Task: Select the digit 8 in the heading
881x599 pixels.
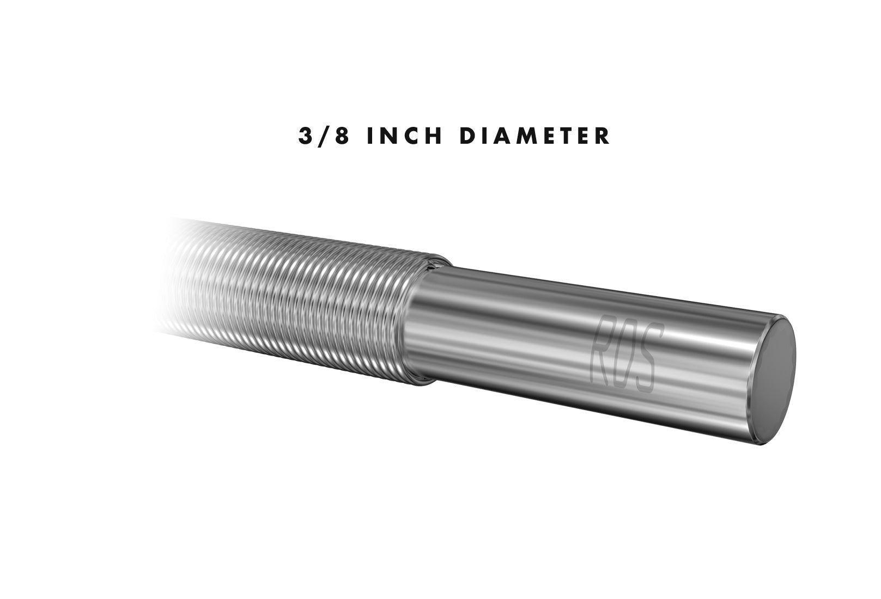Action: (342, 136)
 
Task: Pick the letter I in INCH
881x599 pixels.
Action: (370, 136)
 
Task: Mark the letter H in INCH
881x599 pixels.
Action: (434, 136)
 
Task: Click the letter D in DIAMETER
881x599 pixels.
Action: (468, 136)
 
